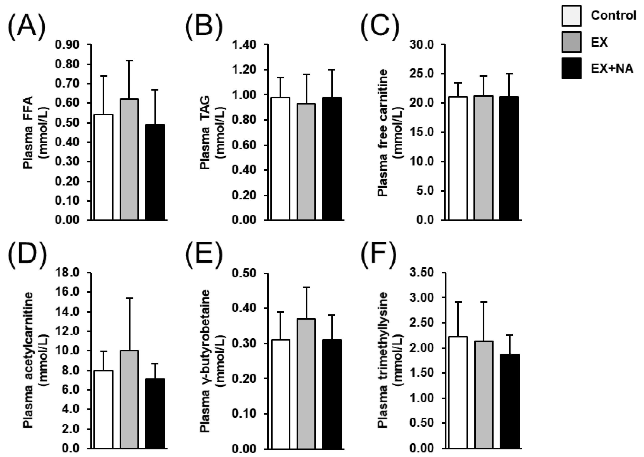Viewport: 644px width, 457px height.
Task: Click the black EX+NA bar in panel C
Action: tap(509, 158)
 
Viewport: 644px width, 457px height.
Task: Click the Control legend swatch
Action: tap(571, 16)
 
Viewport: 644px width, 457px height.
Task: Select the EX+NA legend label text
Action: tap(612, 68)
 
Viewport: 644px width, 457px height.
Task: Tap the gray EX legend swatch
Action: tap(571, 42)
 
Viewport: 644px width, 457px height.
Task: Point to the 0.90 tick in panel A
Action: tap(67, 45)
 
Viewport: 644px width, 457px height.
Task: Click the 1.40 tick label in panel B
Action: tap(244, 45)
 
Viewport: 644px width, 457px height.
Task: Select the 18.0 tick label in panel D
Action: tap(67, 273)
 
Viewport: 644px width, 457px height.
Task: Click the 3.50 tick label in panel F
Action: tap(421, 273)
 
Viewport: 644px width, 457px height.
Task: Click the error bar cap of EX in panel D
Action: tap(129, 298)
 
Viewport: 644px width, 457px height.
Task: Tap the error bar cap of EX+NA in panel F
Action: tap(509, 335)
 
